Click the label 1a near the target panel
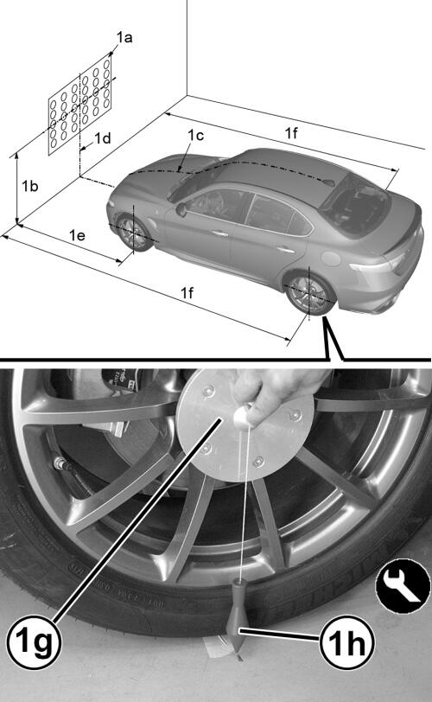[x=124, y=38]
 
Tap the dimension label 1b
[x=30, y=186]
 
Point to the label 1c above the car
[x=195, y=135]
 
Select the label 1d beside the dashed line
[x=103, y=138]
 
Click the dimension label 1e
[x=77, y=235]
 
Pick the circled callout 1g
[x=34, y=642]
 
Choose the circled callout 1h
[x=346, y=643]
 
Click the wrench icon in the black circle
[x=403, y=586]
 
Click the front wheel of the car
[x=133, y=233]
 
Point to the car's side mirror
[x=181, y=209]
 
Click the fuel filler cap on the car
[x=332, y=258]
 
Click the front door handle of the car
[x=220, y=233]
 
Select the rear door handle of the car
[x=286, y=249]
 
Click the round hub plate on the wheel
[x=245, y=425]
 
